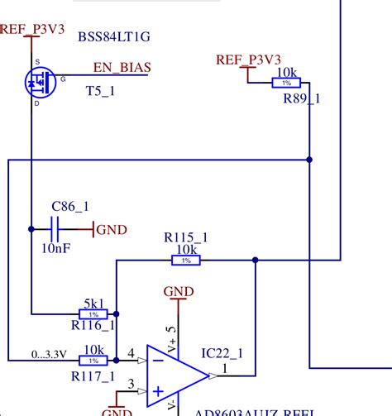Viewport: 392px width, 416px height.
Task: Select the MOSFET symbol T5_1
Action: [37, 81]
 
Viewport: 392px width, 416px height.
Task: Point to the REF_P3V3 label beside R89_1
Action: [248, 60]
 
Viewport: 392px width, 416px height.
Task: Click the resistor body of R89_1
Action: [286, 83]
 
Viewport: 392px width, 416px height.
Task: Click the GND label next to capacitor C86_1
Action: [112, 230]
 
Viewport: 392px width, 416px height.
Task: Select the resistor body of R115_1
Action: [186, 261]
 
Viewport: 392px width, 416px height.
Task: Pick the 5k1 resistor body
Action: [93, 314]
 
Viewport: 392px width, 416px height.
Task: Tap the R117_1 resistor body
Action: [93, 361]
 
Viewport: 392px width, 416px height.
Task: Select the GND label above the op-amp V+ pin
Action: [179, 291]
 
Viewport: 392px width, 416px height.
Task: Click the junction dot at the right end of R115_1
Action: [256, 261]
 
